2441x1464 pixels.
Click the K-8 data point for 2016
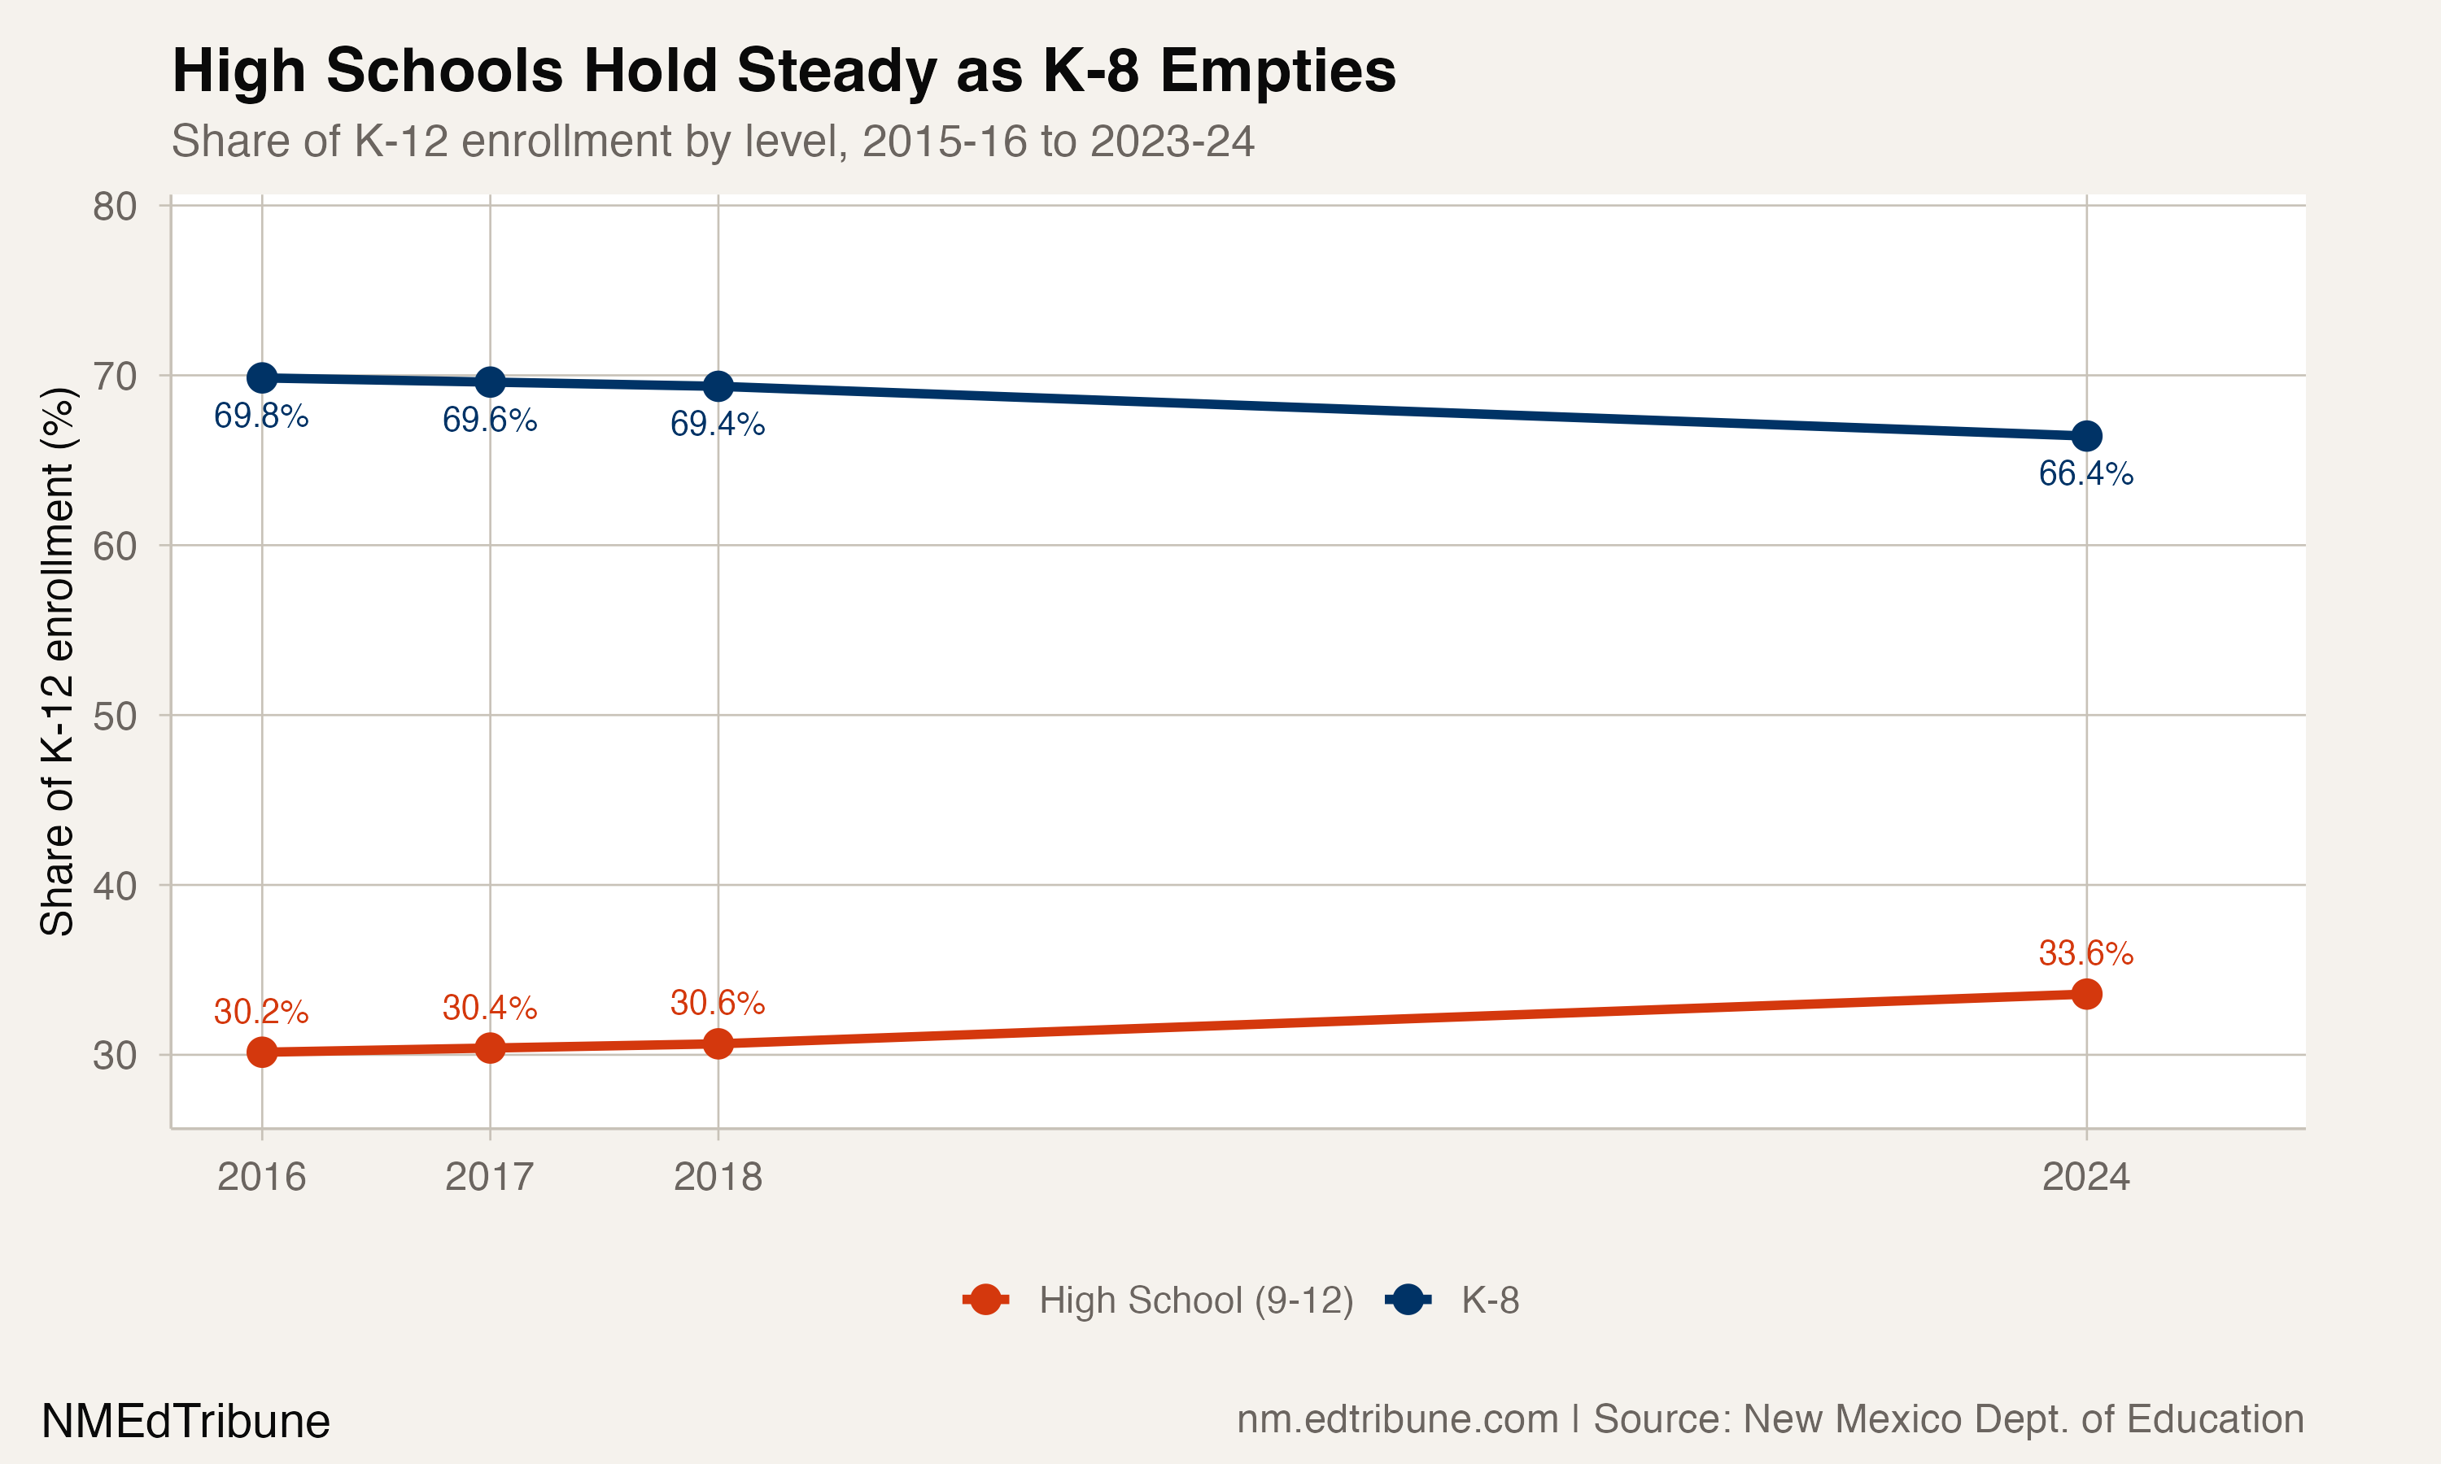(x=261, y=378)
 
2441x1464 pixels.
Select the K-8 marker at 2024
(x=2085, y=436)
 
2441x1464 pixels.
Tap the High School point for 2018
(x=718, y=1044)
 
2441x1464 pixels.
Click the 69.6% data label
(x=489, y=420)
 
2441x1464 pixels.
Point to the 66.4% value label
(x=2085, y=473)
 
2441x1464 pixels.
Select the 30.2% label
(x=261, y=1011)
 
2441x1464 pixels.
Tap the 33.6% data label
(x=2085, y=953)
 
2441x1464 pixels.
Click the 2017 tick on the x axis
(x=489, y=1177)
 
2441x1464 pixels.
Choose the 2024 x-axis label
(x=2085, y=1177)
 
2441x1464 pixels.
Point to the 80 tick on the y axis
(x=115, y=207)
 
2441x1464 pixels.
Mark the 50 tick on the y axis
(x=115, y=717)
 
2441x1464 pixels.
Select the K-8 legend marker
(x=1408, y=1301)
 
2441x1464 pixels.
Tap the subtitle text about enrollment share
(x=713, y=141)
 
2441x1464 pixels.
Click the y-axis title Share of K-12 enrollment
(x=57, y=661)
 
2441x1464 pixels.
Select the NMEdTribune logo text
(x=186, y=1422)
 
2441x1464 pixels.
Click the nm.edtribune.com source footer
(x=1770, y=1419)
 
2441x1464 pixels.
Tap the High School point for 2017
(x=489, y=1048)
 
